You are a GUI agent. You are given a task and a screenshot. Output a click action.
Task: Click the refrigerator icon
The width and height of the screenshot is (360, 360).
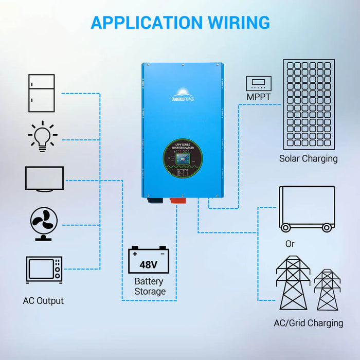(42, 93)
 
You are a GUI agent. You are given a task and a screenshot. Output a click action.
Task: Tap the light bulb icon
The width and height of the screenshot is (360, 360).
(42, 136)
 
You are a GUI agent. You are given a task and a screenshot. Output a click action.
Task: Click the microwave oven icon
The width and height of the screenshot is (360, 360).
(44, 269)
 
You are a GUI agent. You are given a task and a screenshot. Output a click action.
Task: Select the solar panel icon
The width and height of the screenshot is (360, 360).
(308, 104)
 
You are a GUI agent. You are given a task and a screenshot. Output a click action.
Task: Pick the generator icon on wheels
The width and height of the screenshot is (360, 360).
(307, 209)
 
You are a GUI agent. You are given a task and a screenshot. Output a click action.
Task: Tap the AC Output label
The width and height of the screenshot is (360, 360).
(43, 300)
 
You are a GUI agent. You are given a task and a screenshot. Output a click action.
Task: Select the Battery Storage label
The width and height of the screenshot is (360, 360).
(150, 286)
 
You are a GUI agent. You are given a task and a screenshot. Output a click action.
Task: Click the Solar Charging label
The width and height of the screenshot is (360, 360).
(308, 158)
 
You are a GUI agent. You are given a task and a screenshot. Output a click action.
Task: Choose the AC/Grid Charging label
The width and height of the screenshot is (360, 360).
(308, 323)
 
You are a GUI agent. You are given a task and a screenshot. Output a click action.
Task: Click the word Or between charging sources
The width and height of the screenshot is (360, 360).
(290, 244)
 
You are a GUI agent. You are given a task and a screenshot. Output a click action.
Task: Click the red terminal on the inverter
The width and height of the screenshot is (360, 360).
(173, 196)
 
